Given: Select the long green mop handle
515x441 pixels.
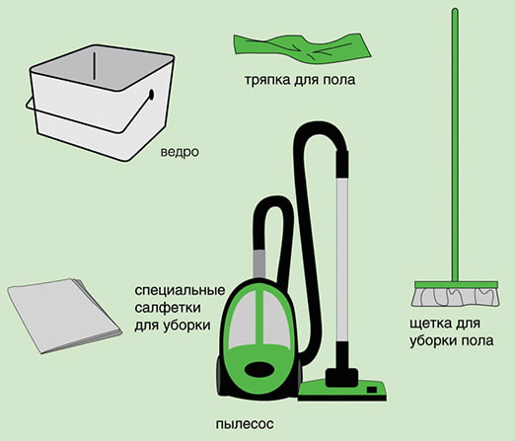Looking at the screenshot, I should tap(454, 148).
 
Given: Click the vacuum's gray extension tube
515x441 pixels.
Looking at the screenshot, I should tap(341, 257).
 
